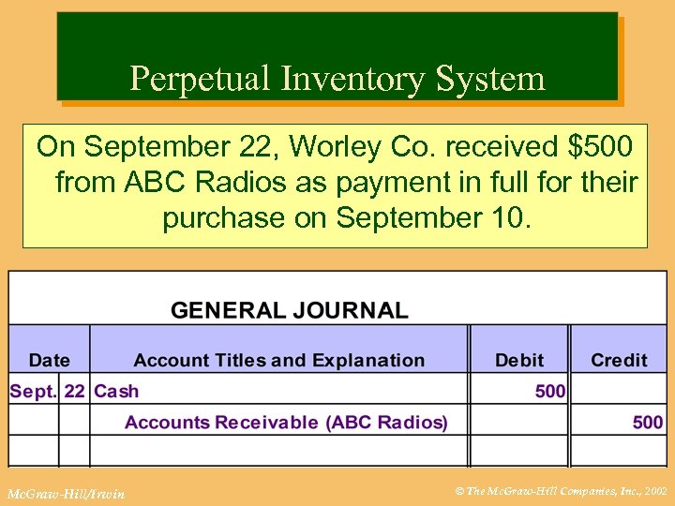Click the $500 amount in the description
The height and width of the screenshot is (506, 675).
pyautogui.click(x=600, y=146)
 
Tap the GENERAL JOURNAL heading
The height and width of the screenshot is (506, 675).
pyautogui.click(x=290, y=310)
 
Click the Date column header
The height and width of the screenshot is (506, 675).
pyautogui.click(x=50, y=360)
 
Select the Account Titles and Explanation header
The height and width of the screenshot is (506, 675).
pyautogui.click(x=278, y=360)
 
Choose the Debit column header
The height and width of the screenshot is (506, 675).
pyautogui.click(x=519, y=360)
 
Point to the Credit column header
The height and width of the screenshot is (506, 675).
pyautogui.click(x=619, y=360)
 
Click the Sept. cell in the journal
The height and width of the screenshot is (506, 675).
pyautogui.click(x=33, y=392)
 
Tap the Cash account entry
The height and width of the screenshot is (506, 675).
pyautogui.click(x=116, y=392)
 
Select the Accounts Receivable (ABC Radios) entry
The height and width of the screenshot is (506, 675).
pyautogui.click(x=286, y=423)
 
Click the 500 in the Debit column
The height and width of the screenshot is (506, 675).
pyautogui.click(x=550, y=392)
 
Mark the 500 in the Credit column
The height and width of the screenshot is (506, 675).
pyautogui.click(x=648, y=423)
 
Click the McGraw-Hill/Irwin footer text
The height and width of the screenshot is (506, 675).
pyautogui.click(x=65, y=493)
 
